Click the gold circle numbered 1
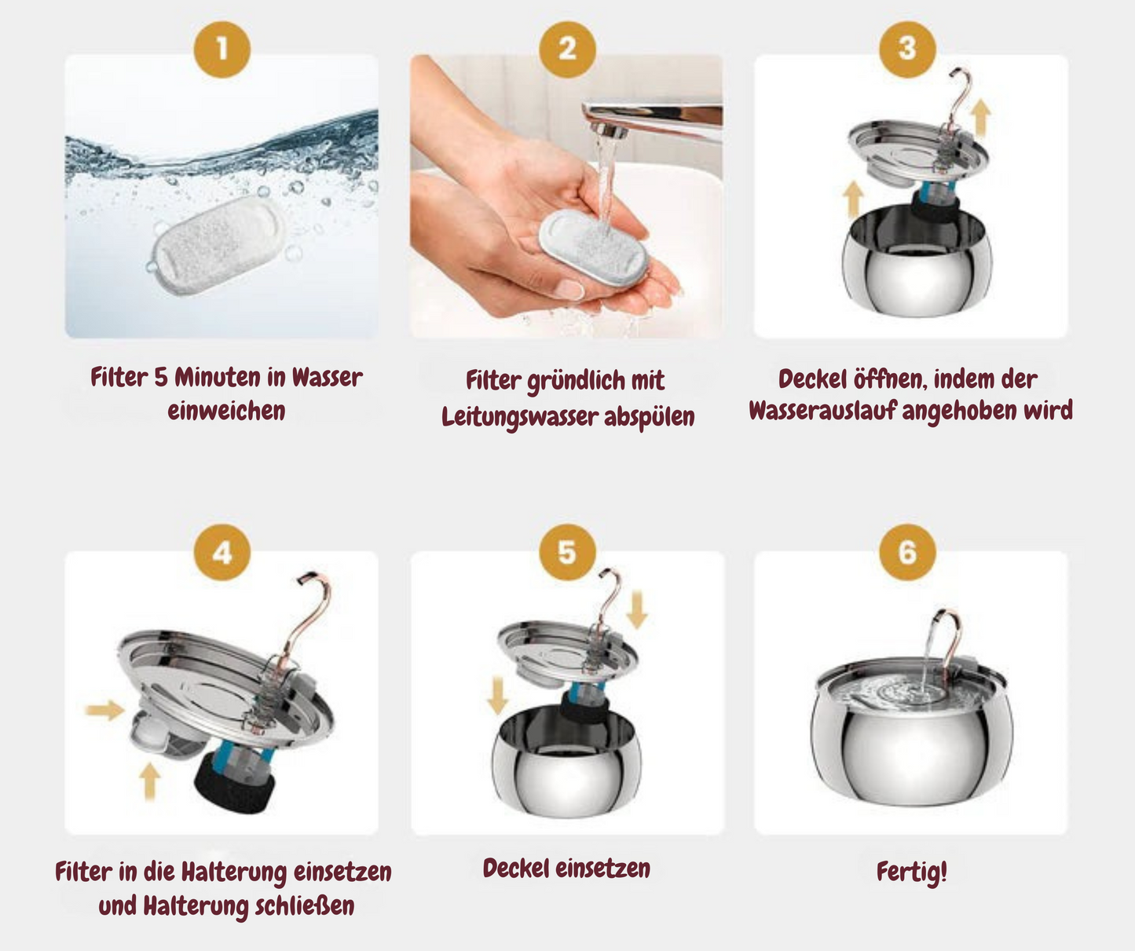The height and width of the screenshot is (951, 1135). click(x=222, y=49)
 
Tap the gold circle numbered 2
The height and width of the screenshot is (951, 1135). click(x=567, y=49)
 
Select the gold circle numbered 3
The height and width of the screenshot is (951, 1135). click(x=907, y=49)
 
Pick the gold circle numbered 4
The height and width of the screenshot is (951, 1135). click(x=222, y=552)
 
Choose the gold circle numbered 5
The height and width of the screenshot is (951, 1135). click(x=567, y=552)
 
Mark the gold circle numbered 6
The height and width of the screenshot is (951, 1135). click(x=907, y=552)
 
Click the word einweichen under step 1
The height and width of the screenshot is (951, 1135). click(x=226, y=411)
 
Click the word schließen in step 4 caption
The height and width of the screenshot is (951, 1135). click(x=304, y=906)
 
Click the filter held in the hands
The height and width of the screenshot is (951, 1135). click(x=593, y=247)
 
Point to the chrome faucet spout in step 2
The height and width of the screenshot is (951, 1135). click(x=652, y=119)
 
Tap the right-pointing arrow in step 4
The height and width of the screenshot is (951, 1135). click(x=105, y=710)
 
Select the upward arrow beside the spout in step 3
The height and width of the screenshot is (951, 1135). click(x=980, y=118)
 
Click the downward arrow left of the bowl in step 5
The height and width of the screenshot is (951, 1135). click(x=497, y=696)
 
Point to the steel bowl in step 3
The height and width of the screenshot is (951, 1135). click(x=917, y=262)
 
